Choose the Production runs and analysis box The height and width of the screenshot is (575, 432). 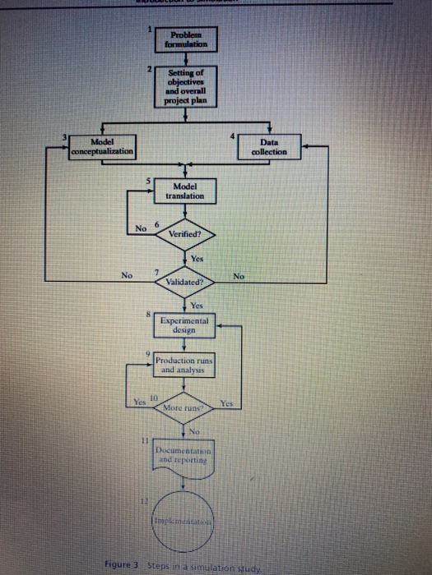(184, 366)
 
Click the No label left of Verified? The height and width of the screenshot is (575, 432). (141, 228)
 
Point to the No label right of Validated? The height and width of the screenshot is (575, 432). (239, 277)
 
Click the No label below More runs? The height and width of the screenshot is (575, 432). (195, 430)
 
